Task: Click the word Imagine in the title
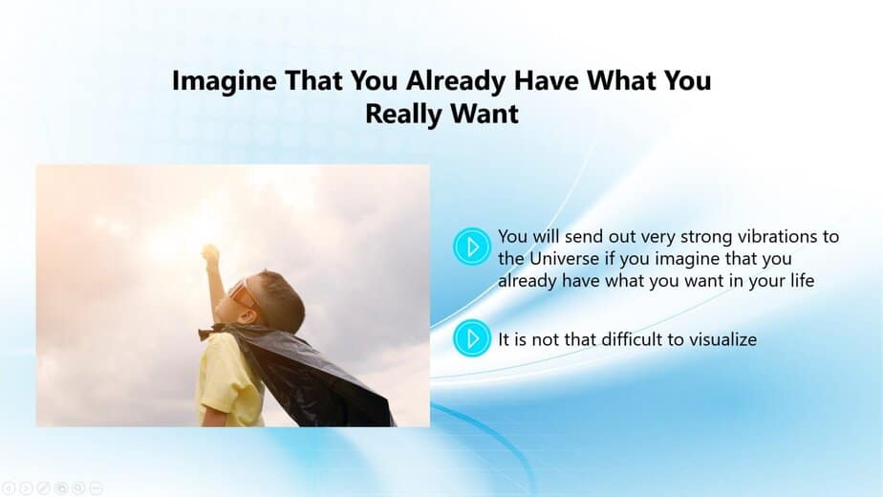tap(225, 81)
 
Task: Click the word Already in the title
tap(456, 81)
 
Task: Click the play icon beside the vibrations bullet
tap(472, 247)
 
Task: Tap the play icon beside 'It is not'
tap(472, 338)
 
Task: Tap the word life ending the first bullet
tap(802, 280)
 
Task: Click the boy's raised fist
tap(209, 254)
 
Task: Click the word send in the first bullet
tap(583, 236)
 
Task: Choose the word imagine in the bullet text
tap(688, 260)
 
